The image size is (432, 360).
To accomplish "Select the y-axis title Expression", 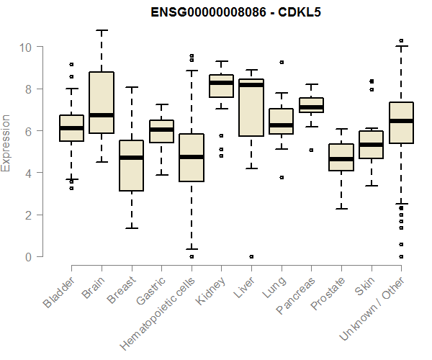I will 6,143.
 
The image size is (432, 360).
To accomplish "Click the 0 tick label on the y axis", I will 27,257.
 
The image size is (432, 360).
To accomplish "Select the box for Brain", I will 102,102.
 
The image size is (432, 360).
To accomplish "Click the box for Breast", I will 131,166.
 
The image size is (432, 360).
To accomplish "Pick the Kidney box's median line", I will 221,83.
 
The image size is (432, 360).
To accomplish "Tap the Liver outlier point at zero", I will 251,256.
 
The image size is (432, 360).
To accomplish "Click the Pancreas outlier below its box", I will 311,150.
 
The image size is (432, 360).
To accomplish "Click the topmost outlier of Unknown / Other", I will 401,40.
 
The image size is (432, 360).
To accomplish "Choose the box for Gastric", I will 161,131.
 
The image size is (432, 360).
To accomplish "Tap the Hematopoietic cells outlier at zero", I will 191,256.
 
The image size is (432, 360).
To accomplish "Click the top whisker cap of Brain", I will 102,31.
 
